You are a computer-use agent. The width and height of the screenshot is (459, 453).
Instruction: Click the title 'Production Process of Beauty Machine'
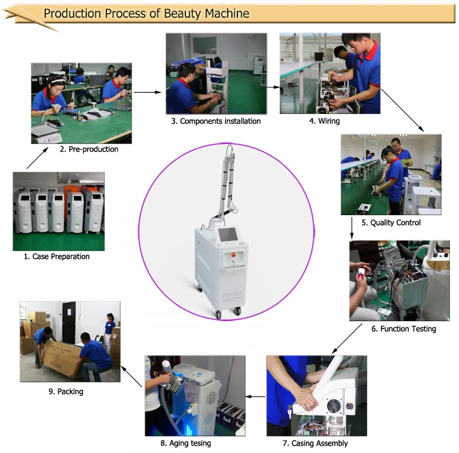(x=146, y=13)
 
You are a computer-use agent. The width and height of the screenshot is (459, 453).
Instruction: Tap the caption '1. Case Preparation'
(x=56, y=257)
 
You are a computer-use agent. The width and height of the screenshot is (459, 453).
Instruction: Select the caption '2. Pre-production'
(x=89, y=149)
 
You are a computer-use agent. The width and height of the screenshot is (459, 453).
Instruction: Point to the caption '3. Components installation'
(x=216, y=121)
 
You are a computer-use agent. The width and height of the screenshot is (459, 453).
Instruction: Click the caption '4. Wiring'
(x=324, y=121)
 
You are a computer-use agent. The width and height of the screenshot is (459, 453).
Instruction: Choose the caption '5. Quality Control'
(x=391, y=223)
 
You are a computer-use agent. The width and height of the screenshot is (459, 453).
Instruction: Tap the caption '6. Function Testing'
(x=404, y=329)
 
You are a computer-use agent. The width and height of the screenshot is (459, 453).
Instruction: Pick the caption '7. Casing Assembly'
(x=315, y=443)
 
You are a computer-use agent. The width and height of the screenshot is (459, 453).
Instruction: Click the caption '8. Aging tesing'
(x=185, y=443)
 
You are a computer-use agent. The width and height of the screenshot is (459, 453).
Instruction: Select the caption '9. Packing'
(x=66, y=392)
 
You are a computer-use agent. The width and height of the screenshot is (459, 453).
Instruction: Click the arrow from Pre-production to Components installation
(x=147, y=92)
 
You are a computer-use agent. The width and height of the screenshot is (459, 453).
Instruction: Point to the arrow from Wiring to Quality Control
(x=403, y=110)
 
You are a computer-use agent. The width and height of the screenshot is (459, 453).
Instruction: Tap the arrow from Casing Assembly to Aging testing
(x=255, y=397)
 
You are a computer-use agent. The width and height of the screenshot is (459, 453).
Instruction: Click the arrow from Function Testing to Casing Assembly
(x=347, y=338)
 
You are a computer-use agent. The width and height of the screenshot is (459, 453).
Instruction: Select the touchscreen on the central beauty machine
(x=228, y=235)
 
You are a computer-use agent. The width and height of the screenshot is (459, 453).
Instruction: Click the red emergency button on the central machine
(x=234, y=254)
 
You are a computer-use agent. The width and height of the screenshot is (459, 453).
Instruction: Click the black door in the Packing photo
(x=69, y=322)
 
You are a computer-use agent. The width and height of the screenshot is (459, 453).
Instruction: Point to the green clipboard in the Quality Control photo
(x=406, y=162)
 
